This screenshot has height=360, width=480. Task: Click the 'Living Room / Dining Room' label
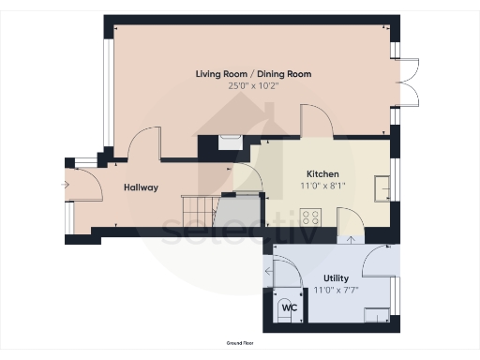(253, 73)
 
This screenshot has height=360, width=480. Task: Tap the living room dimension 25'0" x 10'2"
(253, 85)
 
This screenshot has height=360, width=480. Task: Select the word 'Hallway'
(141, 187)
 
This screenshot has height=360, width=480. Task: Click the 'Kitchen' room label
(322, 174)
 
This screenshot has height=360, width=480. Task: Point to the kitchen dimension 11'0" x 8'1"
(322, 187)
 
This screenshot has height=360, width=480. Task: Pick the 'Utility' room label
(336, 278)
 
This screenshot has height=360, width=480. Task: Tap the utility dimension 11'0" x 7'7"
(336, 291)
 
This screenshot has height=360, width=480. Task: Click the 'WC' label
(290, 307)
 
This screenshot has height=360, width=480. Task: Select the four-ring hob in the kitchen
(311, 217)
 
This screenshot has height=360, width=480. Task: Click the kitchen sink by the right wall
(382, 188)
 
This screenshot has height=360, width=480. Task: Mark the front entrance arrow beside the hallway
(65, 185)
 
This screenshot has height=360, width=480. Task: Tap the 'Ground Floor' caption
(239, 344)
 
